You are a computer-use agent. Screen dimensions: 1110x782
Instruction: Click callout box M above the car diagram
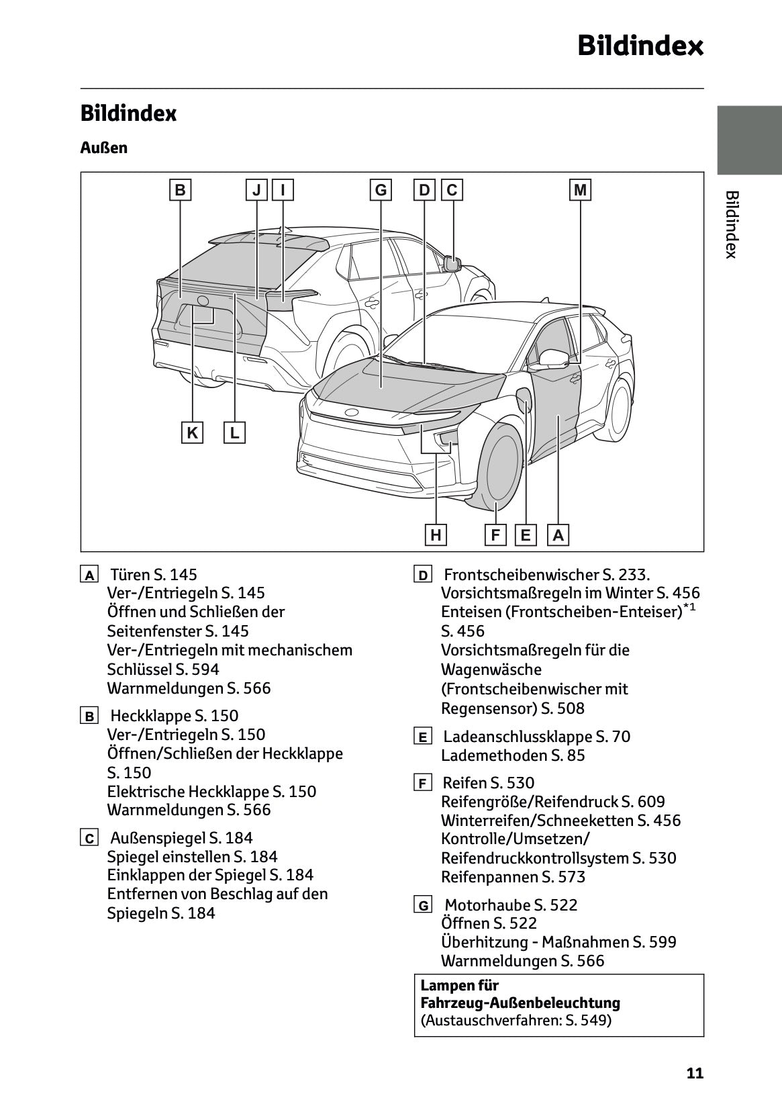[581, 190]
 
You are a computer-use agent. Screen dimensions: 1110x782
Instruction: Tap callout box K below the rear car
[193, 433]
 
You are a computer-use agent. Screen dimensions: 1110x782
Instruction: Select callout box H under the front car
[436, 535]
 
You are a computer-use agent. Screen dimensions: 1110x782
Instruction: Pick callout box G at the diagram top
[381, 190]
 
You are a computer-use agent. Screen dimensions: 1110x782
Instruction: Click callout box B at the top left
[180, 190]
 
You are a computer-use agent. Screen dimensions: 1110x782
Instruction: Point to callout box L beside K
[234, 433]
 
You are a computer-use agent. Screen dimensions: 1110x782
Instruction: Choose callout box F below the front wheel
[495, 535]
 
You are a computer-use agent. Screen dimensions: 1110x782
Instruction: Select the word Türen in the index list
[131, 575]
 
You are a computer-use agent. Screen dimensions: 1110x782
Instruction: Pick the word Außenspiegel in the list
[157, 838]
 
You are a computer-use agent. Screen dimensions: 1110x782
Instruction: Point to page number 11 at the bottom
[695, 1073]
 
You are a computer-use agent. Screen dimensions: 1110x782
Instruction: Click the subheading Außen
[104, 147]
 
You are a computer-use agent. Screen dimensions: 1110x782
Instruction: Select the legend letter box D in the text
[423, 575]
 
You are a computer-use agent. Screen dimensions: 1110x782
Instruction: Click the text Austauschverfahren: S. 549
[516, 1021]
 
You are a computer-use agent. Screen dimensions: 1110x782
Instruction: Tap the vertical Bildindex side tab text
[732, 224]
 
